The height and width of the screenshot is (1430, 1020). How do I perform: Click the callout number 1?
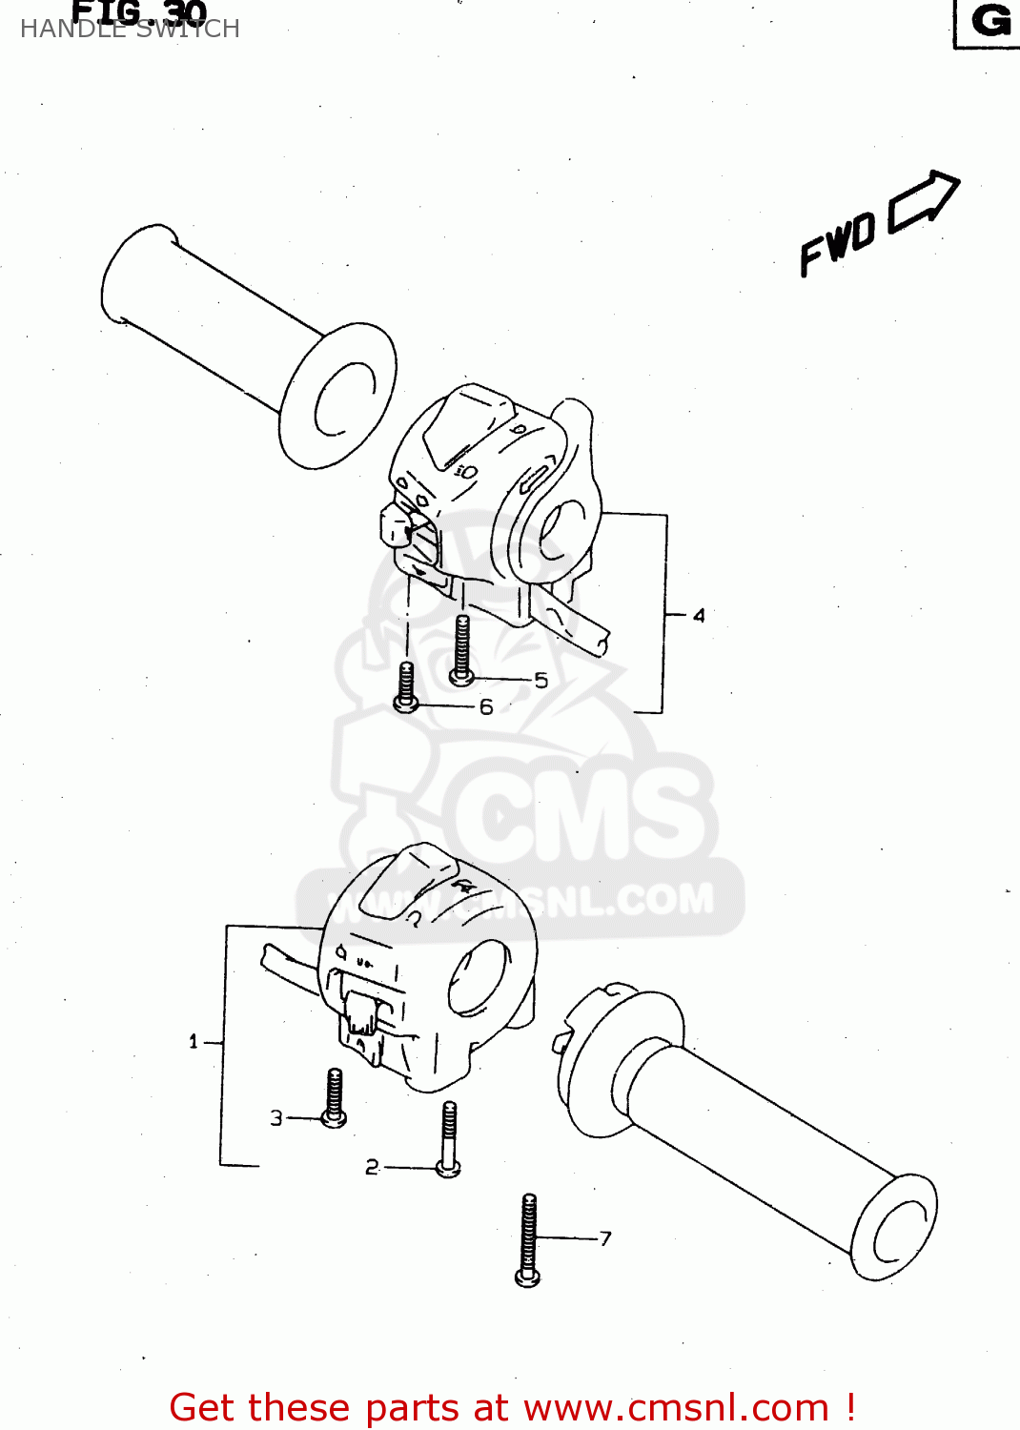[x=194, y=1041]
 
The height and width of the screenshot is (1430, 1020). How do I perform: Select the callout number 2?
[x=372, y=1167]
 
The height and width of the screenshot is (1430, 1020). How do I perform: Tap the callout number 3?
[x=276, y=1117]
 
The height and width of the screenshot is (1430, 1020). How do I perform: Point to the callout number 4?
[x=699, y=616]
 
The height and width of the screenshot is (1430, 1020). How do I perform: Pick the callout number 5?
[x=541, y=681]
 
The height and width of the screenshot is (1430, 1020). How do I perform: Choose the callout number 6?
[x=486, y=706]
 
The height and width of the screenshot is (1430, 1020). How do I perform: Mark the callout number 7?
[x=605, y=1238]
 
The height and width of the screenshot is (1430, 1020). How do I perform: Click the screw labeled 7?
[x=528, y=1239]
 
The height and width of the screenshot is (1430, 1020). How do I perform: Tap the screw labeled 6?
[x=406, y=686]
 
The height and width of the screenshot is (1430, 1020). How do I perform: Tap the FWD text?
[x=838, y=244]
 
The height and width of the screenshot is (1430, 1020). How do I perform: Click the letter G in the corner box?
[x=990, y=21]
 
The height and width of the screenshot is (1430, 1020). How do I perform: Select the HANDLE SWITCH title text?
[x=130, y=29]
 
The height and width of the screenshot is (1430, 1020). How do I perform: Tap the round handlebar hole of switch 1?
[x=479, y=976]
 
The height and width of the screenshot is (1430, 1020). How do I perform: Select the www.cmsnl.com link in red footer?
[x=676, y=1407]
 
